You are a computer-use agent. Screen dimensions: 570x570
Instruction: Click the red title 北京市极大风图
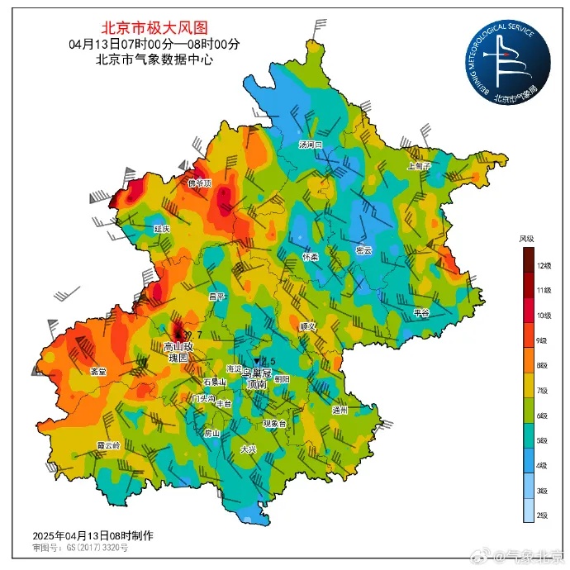pyautogui.click(x=154, y=28)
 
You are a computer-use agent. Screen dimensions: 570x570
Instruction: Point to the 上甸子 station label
pyautogui.click(x=419, y=166)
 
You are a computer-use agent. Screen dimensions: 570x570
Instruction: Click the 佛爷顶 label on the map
pyautogui.click(x=200, y=183)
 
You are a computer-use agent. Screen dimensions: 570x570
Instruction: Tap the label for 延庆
pyautogui.click(x=162, y=228)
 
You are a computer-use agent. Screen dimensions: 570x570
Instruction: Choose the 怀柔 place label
pyautogui.click(x=311, y=257)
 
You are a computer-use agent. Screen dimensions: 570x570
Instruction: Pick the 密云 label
pyautogui.click(x=363, y=250)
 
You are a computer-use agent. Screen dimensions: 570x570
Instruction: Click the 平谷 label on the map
pyautogui.click(x=421, y=313)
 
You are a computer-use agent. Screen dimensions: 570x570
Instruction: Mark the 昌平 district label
pyautogui.click(x=216, y=296)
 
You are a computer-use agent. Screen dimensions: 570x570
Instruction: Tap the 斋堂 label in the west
pyautogui.click(x=97, y=372)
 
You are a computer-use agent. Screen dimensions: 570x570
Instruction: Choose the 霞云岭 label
pyautogui.click(x=108, y=444)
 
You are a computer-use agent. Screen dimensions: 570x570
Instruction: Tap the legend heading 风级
pyautogui.click(x=526, y=239)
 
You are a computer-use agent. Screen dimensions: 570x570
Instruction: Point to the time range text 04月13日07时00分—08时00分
pyautogui.click(x=154, y=44)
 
